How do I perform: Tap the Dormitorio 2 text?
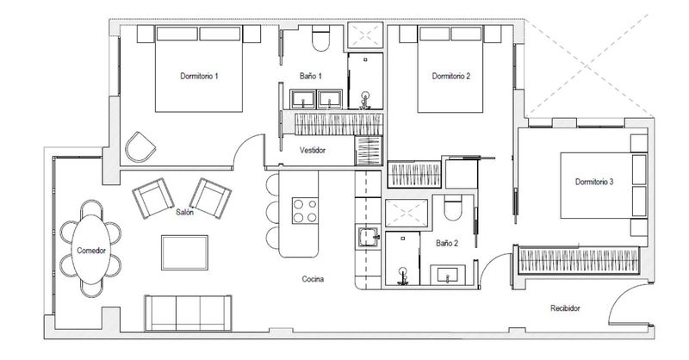coord(450,77)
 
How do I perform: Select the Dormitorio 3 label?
coord(593,182)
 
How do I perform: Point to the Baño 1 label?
coord(311,77)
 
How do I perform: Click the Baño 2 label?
coord(446,244)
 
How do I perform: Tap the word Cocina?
coord(312,279)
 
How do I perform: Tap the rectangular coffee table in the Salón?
coord(184,251)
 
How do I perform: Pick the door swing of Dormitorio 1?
coord(250,153)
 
